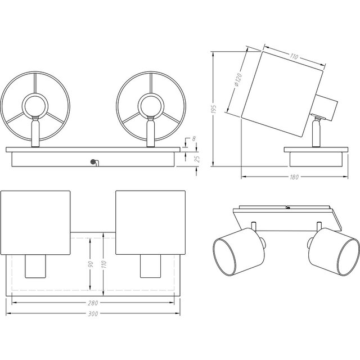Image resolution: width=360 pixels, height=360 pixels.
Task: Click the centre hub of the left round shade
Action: pos(35,105)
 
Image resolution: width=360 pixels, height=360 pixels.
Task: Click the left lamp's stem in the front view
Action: pos(35,132)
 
